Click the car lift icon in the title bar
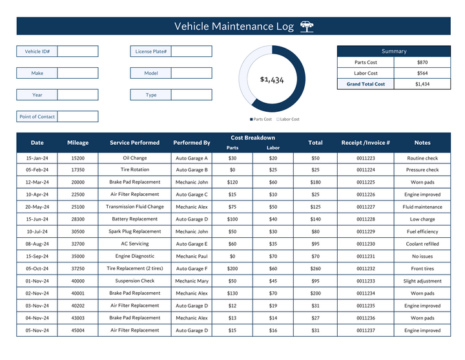(x=307, y=26)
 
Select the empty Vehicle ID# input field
(x=77, y=51)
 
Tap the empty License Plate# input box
(x=191, y=51)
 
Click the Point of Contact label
(x=37, y=117)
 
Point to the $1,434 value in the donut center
(x=272, y=79)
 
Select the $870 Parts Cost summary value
(x=422, y=63)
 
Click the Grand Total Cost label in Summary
(x=366, y=84)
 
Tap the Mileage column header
(x=77, y=143)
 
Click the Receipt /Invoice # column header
(x=366, y=143)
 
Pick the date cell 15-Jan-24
(x=37, y=158)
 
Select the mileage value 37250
(x=77, y=269)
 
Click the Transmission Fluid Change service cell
(x=135, y=207)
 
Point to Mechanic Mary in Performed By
(x=192, y=281)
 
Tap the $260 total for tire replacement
(x=315, y=269)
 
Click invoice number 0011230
(x=366, y=244)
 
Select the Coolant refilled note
(x=422, y=244)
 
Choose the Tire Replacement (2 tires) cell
(x=135, y=268)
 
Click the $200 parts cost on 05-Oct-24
(x=232, y=269)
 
